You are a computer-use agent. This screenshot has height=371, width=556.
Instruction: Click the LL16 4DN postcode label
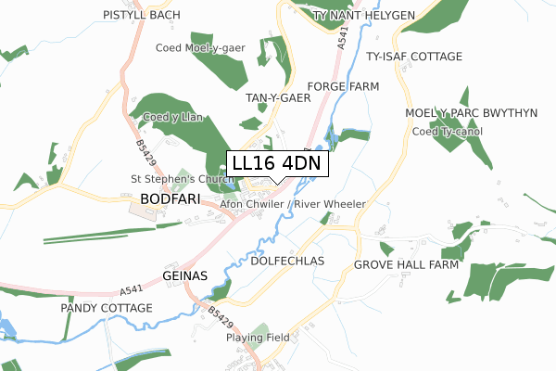[x=276, y=163]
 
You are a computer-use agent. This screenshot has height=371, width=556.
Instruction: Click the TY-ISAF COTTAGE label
[x=414, y=57]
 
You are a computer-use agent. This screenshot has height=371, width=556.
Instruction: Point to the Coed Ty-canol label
[x=449, y=130]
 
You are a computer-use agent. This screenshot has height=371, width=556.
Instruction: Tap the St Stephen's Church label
[x=181, y=179]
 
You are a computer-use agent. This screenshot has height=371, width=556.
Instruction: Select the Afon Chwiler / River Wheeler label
[x=293, y=204]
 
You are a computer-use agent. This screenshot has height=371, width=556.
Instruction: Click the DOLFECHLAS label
[x=287, y=262]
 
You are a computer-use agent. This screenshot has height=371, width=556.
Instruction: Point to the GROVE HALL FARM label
[x=406, y=264]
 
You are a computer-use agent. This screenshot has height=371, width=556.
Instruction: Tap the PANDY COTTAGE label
[x=107, y=307]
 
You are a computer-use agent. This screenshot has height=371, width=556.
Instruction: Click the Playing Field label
[x=258, y=338]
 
